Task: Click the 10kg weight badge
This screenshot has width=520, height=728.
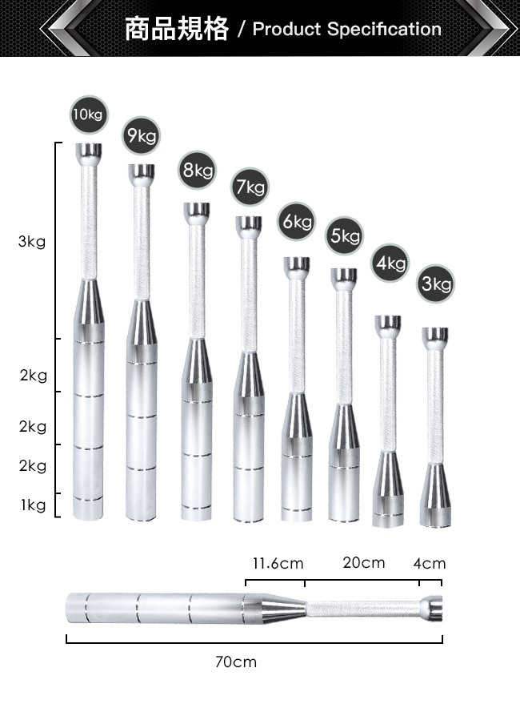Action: coord(89,115)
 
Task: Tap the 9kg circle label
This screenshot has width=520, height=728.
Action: coord(142,135)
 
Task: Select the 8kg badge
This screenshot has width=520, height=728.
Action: coord(197,170)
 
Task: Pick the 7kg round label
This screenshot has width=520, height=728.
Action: coord(250,187)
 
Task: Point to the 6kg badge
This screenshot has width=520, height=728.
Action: coord(297,222)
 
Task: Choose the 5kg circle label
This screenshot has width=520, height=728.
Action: coord(345,235)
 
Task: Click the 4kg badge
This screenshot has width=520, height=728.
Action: coord(390,263)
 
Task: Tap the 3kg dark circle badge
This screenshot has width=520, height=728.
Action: coord(436,284)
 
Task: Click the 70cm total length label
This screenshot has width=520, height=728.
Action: coord(236,662)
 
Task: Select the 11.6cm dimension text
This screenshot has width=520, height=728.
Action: coord(278,563)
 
